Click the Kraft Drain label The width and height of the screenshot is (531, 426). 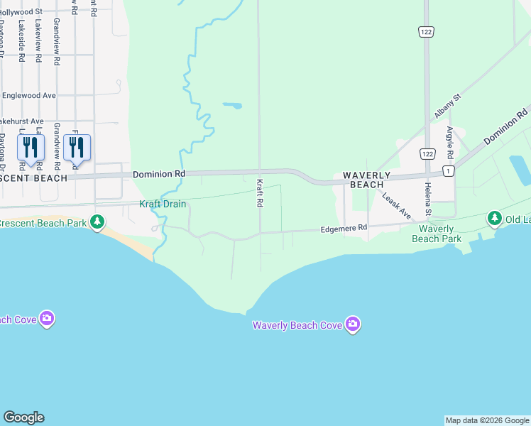coord(163,204)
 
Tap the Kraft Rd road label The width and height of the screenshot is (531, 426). coord(260,193)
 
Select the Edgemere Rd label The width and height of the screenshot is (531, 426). coord(344,229)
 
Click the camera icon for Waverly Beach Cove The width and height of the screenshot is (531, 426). coord(354,324)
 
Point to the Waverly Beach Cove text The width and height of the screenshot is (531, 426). coord(297,326)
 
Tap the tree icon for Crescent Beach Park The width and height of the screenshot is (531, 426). coord(97,223)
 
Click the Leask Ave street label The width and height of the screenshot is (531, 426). coord(396,205)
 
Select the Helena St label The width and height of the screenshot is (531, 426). coord(428,199)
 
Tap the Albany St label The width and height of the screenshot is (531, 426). coord(447,105)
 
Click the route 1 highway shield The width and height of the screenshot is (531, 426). coord(448,171)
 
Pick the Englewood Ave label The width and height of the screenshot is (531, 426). coord(28,95)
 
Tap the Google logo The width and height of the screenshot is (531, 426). coord(23,417)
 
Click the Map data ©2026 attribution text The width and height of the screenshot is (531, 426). coord(486,420)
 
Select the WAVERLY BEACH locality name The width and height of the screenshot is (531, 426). coord(366,180)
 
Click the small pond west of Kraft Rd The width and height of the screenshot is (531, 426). coord(232,106)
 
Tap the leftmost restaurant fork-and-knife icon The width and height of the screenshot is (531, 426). coord(31,147)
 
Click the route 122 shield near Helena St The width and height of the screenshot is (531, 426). coord(427,153)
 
